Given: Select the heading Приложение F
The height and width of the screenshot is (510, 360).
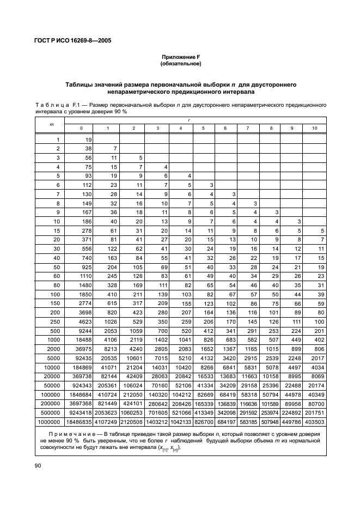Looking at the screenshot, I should [180, 57].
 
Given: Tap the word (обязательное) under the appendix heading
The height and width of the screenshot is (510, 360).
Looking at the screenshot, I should [180, 64].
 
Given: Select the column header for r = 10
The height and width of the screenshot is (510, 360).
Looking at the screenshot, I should [315, 128].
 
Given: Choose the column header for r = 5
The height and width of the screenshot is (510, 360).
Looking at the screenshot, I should [203, 128].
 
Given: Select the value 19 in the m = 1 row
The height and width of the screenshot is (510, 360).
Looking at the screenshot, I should [88, 139].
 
